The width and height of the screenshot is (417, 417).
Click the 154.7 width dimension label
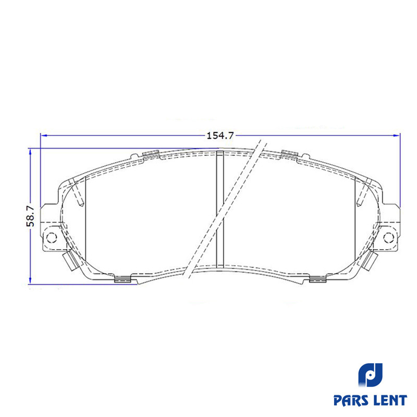[220, 136]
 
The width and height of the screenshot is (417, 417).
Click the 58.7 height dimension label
[30, 216]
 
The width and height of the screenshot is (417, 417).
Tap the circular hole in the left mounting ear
[51, 237]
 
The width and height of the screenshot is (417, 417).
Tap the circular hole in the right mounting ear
[388, 237]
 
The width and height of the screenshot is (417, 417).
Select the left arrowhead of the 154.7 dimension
[44, 136]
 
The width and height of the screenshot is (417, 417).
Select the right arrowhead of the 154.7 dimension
[397, 136]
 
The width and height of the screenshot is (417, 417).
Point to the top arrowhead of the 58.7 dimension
[30, 152]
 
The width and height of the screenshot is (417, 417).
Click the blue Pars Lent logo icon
[370, 375]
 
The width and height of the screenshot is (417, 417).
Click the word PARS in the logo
[351, 400]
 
